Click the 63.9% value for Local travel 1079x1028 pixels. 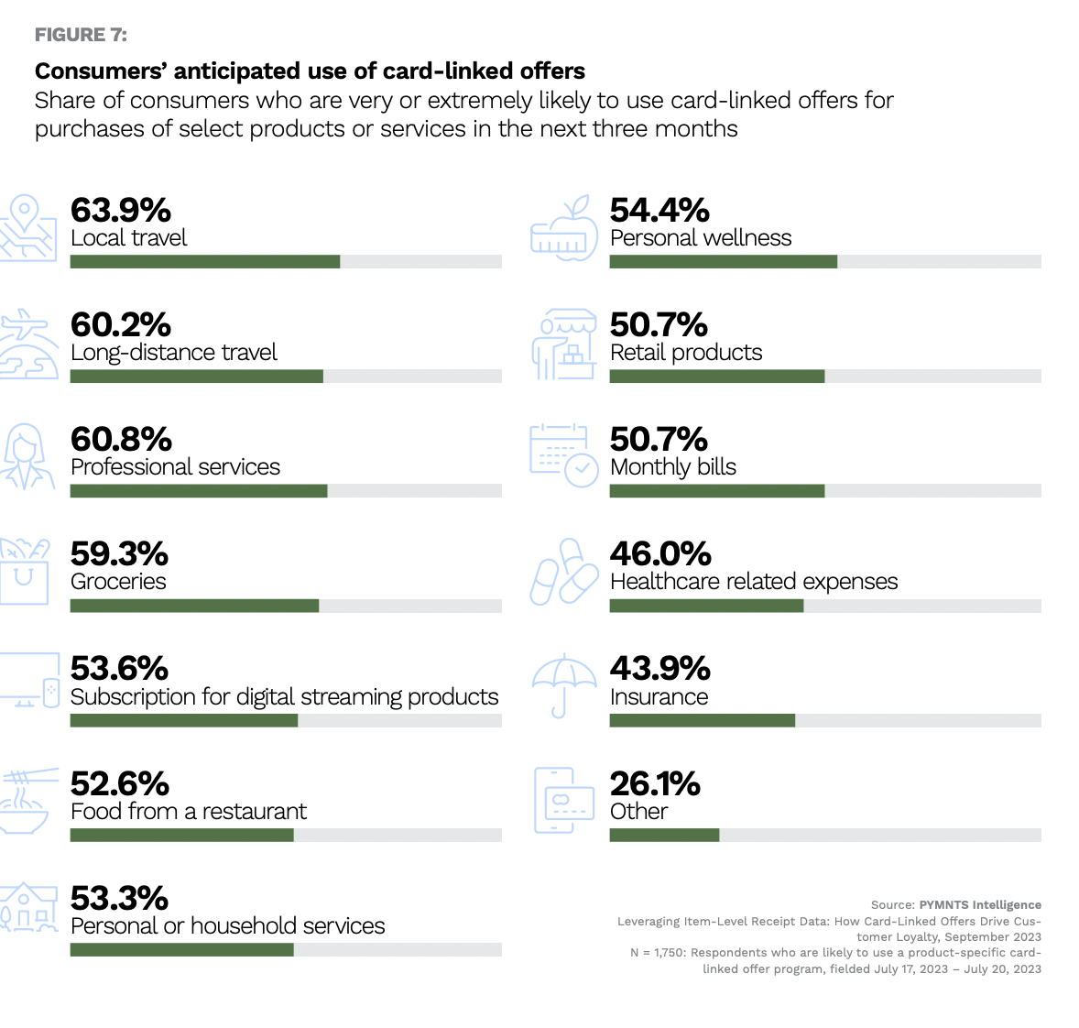pyautogui.click(x=120, y=210)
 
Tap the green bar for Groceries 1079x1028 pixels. pyautogui.click(x=194, y=606)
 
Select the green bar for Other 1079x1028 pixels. pyautogui.click(x=664, y=835)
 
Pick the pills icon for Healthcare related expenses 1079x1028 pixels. pyautogui.click(x=563, y=571)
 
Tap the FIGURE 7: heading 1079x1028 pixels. pyautogui.click(x=81, y=35)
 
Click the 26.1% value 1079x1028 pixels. pyautogui.click(x=654, y=783)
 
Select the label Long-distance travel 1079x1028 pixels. pyautogui.click(x=173, y=353)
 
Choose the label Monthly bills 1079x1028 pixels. pyautogui.click(x=672, y=467)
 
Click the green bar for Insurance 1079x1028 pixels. pyautogui.click(x=702, y=720)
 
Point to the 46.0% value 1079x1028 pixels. pyautogui.click(x=659, y=553)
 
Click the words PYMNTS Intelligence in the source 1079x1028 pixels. pyautogui.click(x=979, y=905)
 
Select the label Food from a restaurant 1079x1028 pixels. pyautogui.click(x=188, y=812)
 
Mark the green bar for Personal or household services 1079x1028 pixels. pyautogui.click(x=181, y=950)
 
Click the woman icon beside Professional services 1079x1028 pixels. pyautogui.click(x=26, y=455)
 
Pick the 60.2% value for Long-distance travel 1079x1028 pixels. pyautogui.click(x=120, y=324)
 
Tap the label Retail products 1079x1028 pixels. pyautogui.click(x=685, y=353)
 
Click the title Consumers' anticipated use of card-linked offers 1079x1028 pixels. pyautogui.click(x=310, y=71)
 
